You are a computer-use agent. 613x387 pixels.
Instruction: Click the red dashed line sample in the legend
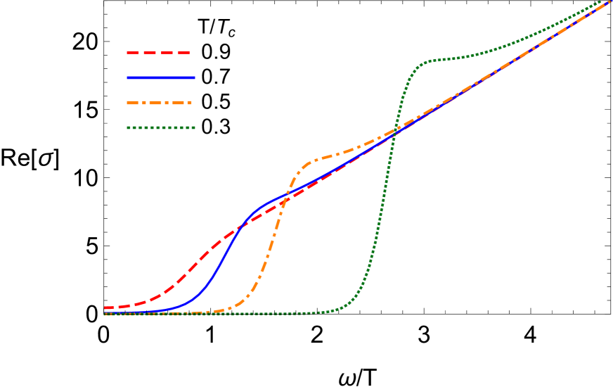pyautogui.click(x=159, y=53)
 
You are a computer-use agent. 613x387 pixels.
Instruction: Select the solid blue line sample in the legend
pyautogui.click(x=160, y=77)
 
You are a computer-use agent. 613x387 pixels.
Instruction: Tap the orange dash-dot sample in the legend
pyautogui.click(x=159, y=103)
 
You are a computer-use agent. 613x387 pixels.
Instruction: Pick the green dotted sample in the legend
pyautogui.click(x=160, y=128)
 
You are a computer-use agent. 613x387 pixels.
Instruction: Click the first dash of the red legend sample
pyautogui.click(x=133, y=53)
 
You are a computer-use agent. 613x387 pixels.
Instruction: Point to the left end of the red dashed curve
pyautogui.click(x=105, y=307)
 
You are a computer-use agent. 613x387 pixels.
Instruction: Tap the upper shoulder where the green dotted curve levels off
pyautogui.click(x=422, y=64)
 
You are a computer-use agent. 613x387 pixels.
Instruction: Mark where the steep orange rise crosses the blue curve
pyautogui.click(x=287, y=195)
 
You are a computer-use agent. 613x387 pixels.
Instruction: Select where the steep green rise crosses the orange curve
pyautogui.click(x=394, y=132)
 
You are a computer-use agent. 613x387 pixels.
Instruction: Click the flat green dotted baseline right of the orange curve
pyautogui.click(x=295, y=313)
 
